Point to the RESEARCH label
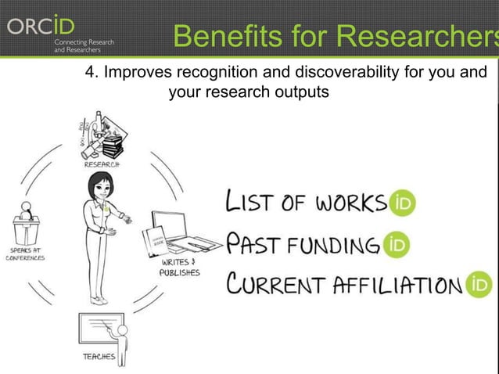[102, 165]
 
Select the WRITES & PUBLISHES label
[179, 268]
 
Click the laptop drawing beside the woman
[177, 232]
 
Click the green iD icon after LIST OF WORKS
[404, 203]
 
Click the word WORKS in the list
[349, 203]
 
